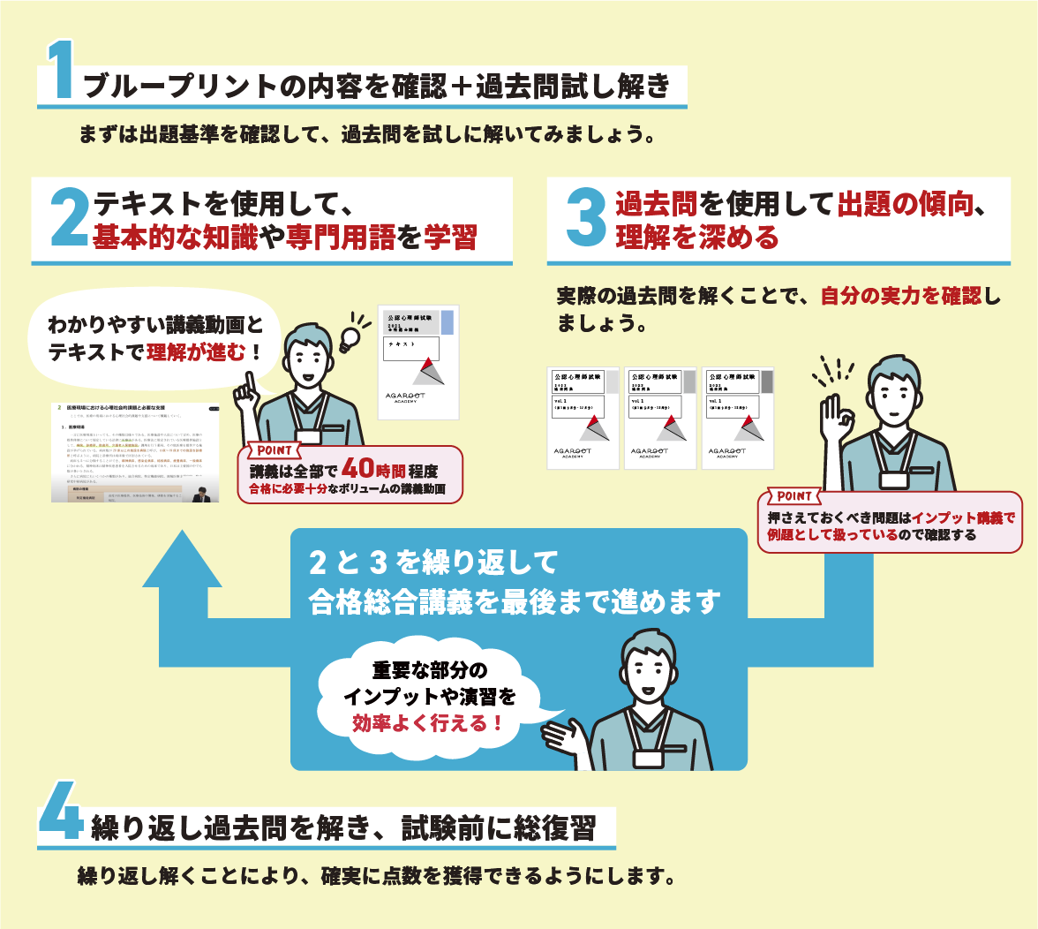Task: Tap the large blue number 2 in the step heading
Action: [69, 217]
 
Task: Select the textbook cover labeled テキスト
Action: [418, 362]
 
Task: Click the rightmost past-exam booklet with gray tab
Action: [738, 417]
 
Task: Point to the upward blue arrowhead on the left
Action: [182, 561]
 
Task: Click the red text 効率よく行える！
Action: [428, 723]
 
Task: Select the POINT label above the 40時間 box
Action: [275, 450]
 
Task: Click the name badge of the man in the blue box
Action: [649, 758]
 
